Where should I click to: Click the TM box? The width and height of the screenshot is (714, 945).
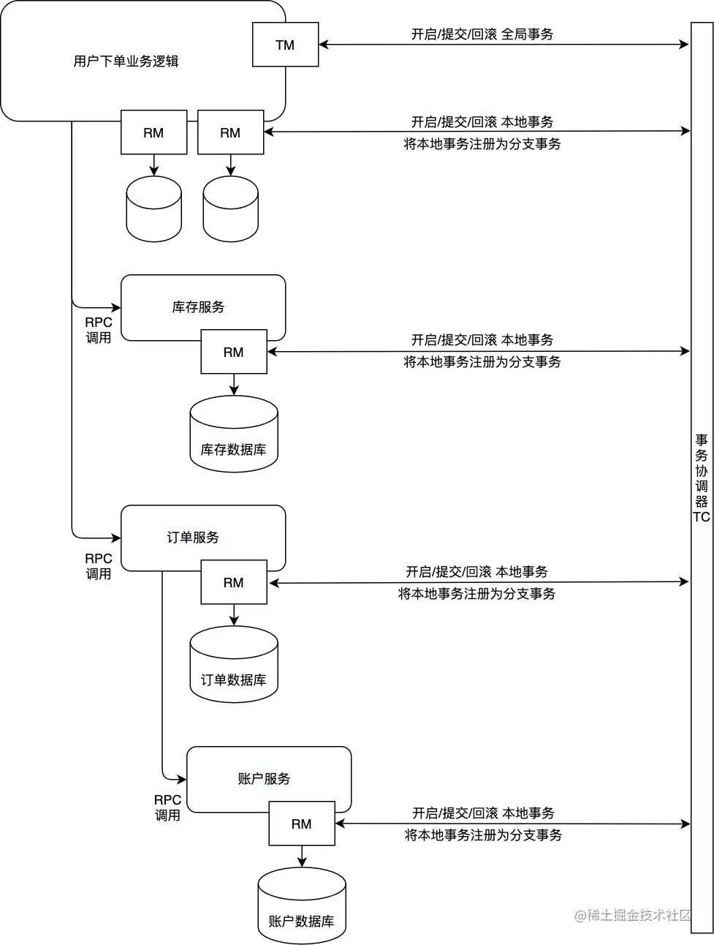pyautogui.click(x=285, y=45)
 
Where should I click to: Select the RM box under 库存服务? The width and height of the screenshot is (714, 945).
pyautogui.click(x=234, y=352)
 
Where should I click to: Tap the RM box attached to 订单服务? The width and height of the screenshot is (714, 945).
pyautogui.click(x=234, y=582)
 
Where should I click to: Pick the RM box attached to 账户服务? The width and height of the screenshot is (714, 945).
pyautogui.click(x=301, y=824)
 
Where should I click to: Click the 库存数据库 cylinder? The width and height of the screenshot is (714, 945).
pyautogui.click(x=234, y=434)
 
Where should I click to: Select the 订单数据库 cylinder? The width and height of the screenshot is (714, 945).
pyautogui.click(x=234, y=665)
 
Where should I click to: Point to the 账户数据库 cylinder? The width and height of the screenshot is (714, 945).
pyautogui.click(x=301, y=906)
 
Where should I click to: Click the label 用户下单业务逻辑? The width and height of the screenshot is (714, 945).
pyautogui.click(x=126, y=61)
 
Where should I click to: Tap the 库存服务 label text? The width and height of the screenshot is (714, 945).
pyautogui.click(x=198, y=307)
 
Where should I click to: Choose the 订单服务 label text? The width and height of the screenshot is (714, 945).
pyautogui.click(x=193, y=538)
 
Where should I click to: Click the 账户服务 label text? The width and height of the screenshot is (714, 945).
pyautogui.click(x=264, y=779)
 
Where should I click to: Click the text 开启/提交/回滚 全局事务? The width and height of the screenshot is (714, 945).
pyautogui.click(x=482, y=34)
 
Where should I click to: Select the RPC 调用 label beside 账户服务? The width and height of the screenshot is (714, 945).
pyautogui.click(x=167, y=807)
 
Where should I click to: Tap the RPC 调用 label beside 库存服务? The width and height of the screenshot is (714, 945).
pyautogui.click(x=98, y=330)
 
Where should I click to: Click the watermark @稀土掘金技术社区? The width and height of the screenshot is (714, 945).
pyautogui.click(x=633, y=915)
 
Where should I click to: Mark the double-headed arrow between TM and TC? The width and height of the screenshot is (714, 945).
pyautogui.click(x=504, y=45)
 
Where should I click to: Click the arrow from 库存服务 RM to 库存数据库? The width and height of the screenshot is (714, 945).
pyautogui.click(x=234, y=385)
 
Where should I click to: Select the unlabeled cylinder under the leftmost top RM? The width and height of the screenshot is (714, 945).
pyautogui.click(x=153, y=209)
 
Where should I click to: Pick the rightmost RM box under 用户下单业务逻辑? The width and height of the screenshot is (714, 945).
pyautogui.click(x=230, y=132)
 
